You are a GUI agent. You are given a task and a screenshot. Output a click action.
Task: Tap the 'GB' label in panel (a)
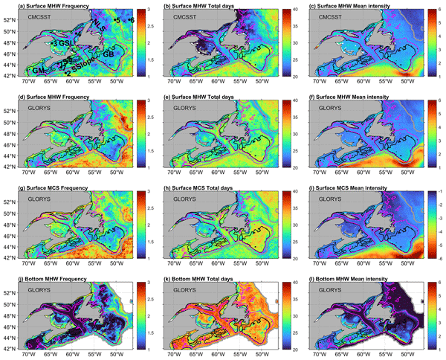[108, 54]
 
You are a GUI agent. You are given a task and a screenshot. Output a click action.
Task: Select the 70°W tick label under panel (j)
[30, 355]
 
